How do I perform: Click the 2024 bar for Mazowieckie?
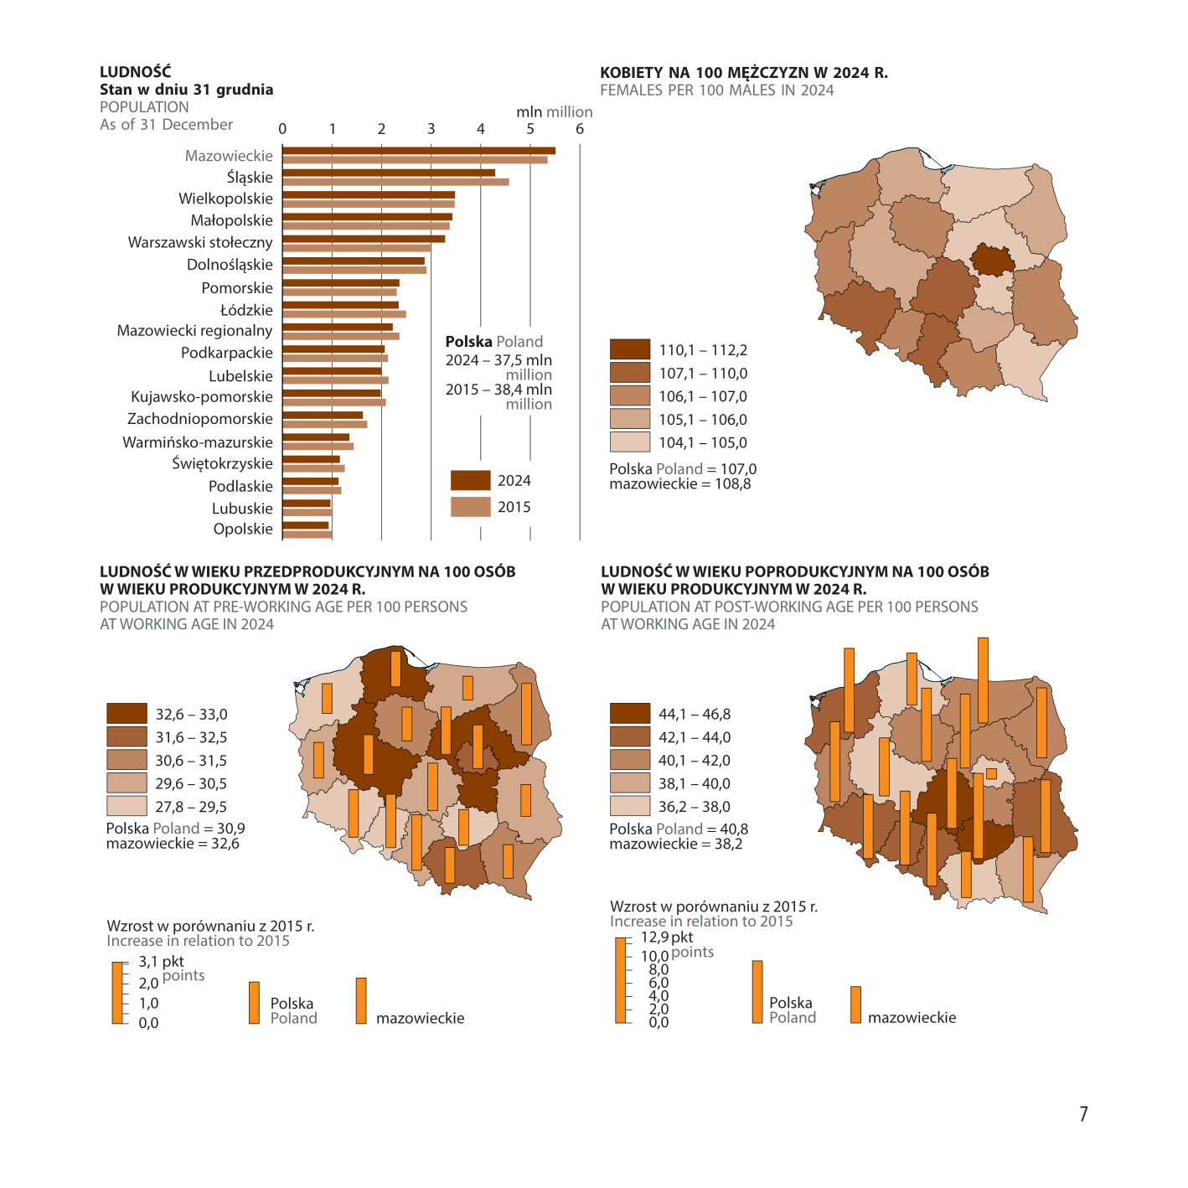coord(419,151)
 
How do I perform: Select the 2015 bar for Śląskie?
coord(395,182)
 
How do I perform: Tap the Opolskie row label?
coord(243,529)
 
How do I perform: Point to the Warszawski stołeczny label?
coord(200,242)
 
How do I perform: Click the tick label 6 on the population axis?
coord(580,129)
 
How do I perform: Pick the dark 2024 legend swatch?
coord(470,480)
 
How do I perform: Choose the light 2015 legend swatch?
coord(470,507)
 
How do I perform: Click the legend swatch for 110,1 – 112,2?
coord(629,349)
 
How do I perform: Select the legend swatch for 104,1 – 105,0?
coord(629,442)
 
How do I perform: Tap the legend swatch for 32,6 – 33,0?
coord(127,713)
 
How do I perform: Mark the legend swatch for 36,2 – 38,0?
coord(629,806)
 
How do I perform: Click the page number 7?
coord(1083,1114)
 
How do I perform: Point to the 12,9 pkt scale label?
coord(667,937)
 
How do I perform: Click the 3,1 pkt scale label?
coord(161,961)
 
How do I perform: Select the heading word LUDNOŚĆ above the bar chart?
coord(136,72)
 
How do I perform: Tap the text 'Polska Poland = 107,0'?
coord(683,469)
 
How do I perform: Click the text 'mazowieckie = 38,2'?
coord(676,844)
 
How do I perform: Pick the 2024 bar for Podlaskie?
coord(310,482)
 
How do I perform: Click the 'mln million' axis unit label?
coord(555,111)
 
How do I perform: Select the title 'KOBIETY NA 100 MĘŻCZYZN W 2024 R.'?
coord(744,73)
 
